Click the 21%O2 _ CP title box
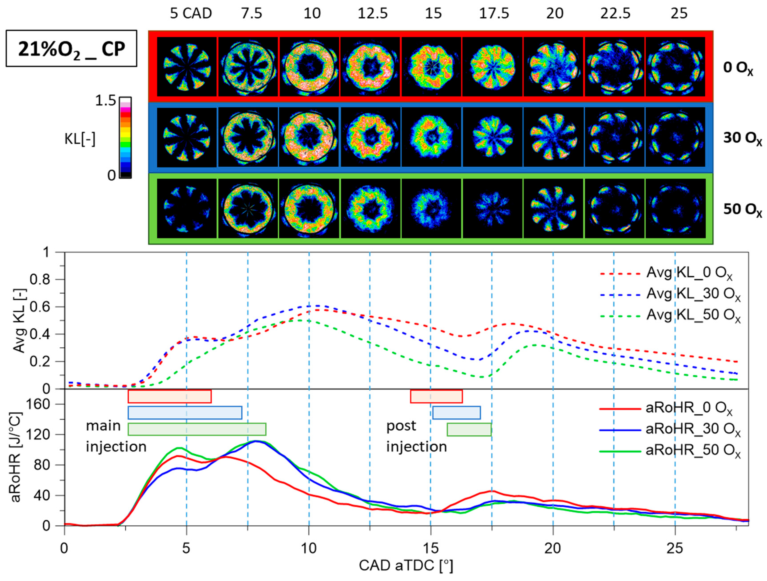pyautogui.click(x=71, y=48)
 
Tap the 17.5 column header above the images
pyautogui.click(x=494, y=14)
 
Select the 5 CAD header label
pyautogui.click(x=191, y=14)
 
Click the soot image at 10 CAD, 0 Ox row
pyautogui.click(x=309, y=67)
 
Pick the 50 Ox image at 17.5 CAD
pyautogui.click(x=492, y=208)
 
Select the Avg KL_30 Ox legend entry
pyautogui.click(x=669, y=294)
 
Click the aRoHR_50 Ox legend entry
pyautogui.click(x=669, y=451)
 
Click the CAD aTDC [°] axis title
pyautogui.click(x=406, y=565)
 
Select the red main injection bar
pyautogui.click(x=170, y=396)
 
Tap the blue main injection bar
pyautogui.click(x=185, y=413)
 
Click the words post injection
pyautogui.click(x=416, y=436)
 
